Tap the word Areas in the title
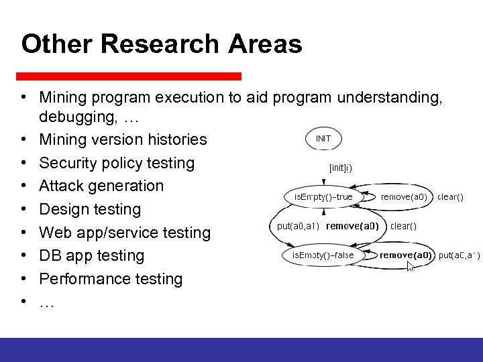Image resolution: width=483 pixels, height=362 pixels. (265, 44)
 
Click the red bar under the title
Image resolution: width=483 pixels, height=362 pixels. (128, 76)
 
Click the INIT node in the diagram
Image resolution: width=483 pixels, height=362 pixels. (323, 139)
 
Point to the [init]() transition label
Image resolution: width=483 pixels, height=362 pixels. (341, 168)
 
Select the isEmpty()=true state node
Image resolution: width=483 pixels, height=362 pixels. (323, 197)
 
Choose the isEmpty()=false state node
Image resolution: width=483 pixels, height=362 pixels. (323, 255)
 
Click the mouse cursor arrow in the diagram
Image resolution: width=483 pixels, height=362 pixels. (411, 266)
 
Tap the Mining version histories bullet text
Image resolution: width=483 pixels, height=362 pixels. (123, 139)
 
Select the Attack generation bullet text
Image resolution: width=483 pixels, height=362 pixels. (101, 186)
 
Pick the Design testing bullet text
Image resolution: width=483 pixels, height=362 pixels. (90, 209)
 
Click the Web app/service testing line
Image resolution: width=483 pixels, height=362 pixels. (125, 233)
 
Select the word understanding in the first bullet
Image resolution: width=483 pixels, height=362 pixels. (388, 97)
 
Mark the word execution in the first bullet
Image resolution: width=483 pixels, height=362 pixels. (190, 97)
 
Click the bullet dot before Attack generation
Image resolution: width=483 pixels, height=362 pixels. (23, 186)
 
